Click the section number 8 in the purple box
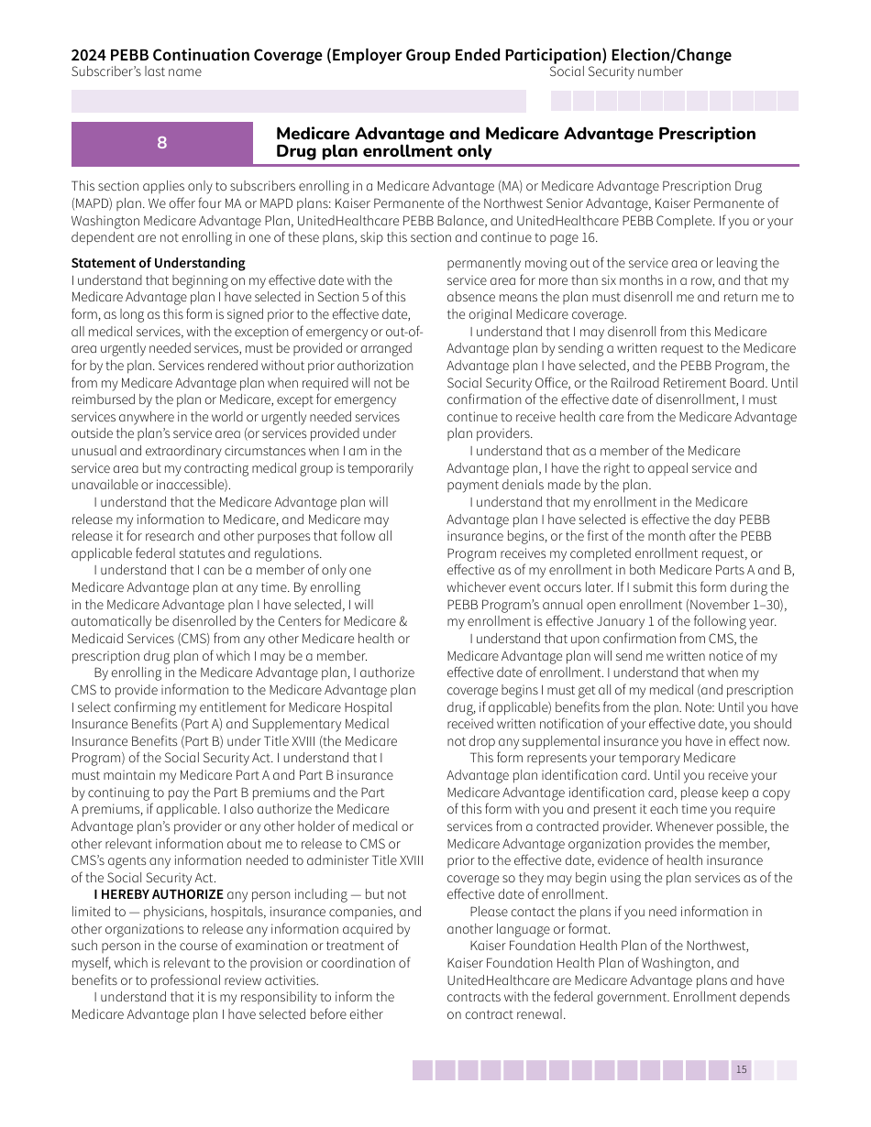point(161,143)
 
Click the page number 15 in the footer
point(741,1070)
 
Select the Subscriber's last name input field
point(299,101)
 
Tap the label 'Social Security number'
point(615,72)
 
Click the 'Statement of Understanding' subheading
point(159,263)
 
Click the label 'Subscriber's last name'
point(136,72)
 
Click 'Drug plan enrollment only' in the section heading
point(384,152)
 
